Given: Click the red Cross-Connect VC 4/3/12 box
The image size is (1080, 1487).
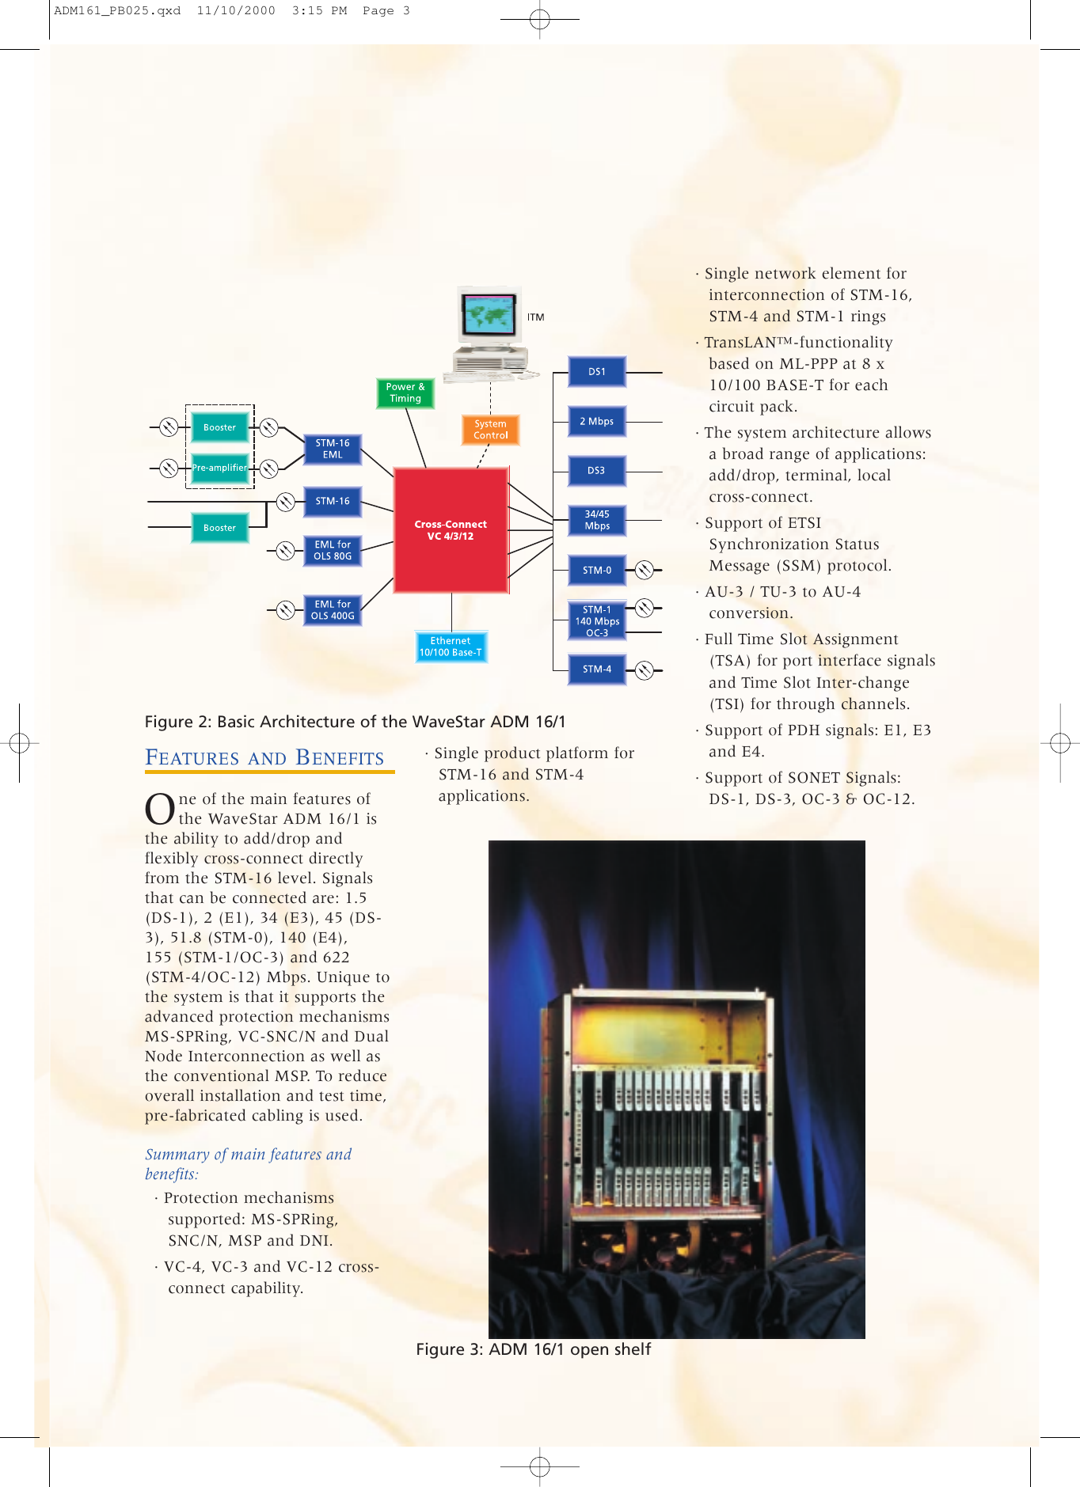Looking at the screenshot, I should [451, 530].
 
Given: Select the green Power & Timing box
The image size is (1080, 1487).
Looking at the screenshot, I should [405, 393].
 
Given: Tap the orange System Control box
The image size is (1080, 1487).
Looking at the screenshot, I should [491, 430].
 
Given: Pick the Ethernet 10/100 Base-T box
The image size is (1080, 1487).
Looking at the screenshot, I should [451, 647].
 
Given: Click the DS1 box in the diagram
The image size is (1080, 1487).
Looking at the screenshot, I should [597, 372].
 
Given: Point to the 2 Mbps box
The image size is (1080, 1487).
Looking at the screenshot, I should [597, 422].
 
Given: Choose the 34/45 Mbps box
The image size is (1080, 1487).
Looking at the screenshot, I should [597, 521].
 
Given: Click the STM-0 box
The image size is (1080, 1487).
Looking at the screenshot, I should [597, 570].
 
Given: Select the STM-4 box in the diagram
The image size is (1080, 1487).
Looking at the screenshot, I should [597, 670].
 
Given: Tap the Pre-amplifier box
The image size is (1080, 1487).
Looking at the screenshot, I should [219, 468].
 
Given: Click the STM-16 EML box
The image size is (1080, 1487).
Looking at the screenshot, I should [333, 450].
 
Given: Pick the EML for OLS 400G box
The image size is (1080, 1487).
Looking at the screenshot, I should [333, 610].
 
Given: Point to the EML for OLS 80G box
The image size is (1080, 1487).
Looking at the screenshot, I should [333, 551].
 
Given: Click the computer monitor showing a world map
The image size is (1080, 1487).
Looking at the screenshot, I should [489, 317].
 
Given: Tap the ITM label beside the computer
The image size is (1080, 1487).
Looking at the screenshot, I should [536, 317].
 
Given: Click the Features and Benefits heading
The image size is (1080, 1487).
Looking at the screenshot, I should [264, 758].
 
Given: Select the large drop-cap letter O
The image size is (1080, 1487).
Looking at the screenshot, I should [159, 809].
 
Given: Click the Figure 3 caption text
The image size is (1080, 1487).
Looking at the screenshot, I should [533, 1349].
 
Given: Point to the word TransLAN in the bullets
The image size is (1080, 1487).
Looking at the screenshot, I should [740, 343].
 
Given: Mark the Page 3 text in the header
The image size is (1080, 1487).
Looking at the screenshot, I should [386, 11].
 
